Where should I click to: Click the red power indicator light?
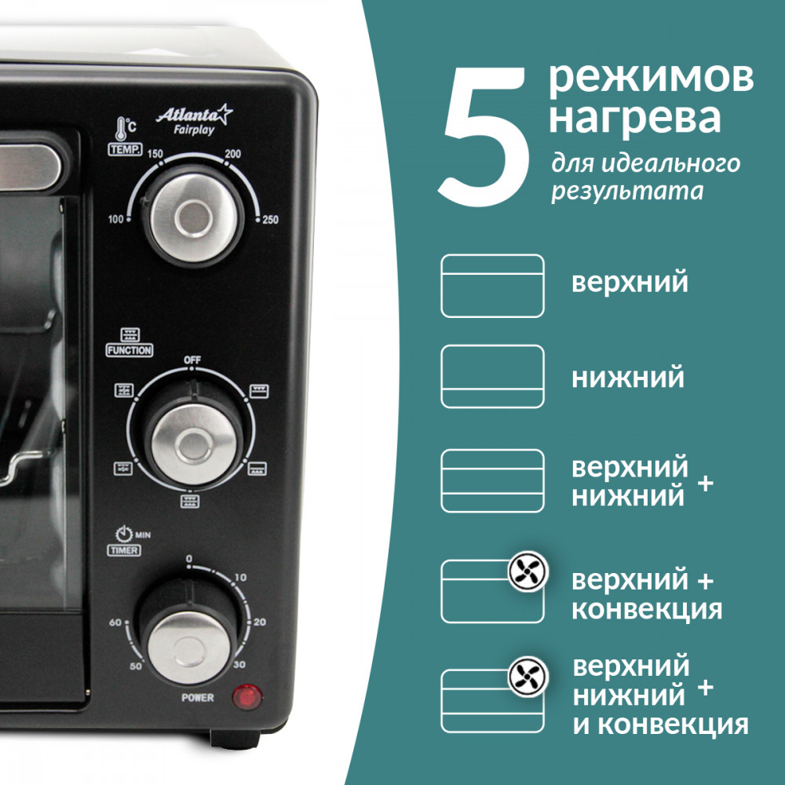pos(246,697)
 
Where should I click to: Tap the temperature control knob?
pos(193,217)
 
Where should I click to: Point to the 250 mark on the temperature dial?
pos(270,219)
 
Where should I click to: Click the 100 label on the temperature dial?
pos(115,219)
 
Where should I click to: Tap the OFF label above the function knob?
pos(192,360)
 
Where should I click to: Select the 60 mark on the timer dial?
pos(115,623)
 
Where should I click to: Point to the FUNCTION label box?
pos(130,350)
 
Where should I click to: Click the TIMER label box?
pos(124,550)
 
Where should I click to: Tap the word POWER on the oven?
pos(198,697)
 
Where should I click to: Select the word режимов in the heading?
pos(652,78)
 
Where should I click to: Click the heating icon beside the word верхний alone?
pos(493,286)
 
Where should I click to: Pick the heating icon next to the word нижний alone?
pos(493,377)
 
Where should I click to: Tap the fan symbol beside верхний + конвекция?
pos(528,571)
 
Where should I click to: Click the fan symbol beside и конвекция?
pos(528,677)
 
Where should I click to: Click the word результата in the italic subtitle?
pos(627,192)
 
